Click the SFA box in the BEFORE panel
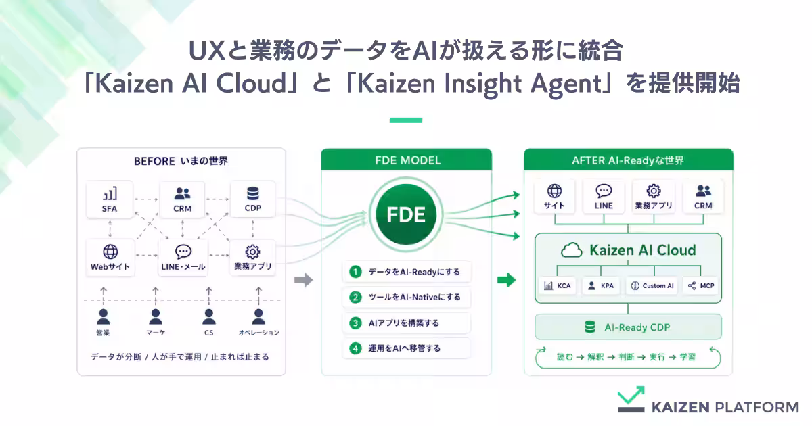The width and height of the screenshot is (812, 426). click(110, 199)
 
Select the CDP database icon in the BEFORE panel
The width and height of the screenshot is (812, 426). click(252, 193)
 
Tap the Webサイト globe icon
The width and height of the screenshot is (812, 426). click(110, 252)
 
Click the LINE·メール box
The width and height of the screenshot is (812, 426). click(183, 258)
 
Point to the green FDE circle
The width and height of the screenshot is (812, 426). click(406, 214)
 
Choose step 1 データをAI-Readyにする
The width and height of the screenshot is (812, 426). click(407, 272)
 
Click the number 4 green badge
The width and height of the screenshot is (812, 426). click(355, 348)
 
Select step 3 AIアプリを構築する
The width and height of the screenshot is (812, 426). click(407, 323)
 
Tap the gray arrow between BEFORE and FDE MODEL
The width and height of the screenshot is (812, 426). click(303, 280)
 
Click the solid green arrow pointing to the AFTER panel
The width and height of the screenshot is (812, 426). click(506, 280)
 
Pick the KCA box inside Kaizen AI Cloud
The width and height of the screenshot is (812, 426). click(558, 286)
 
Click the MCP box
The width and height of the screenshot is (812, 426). click(701, 286)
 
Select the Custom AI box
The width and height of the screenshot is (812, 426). click(652, 286)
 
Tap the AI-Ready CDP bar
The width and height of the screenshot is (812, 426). click(628, 327)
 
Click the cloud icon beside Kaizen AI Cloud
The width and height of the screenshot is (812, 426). click(571, 250)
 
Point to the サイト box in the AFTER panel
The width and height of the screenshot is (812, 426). click(554, 196)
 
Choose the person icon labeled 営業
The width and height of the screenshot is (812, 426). click(104, 317)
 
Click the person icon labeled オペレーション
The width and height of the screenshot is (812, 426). click(258, 317)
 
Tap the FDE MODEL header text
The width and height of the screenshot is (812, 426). click(407, 160)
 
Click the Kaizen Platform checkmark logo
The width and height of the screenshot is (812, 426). click(631, 399)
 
